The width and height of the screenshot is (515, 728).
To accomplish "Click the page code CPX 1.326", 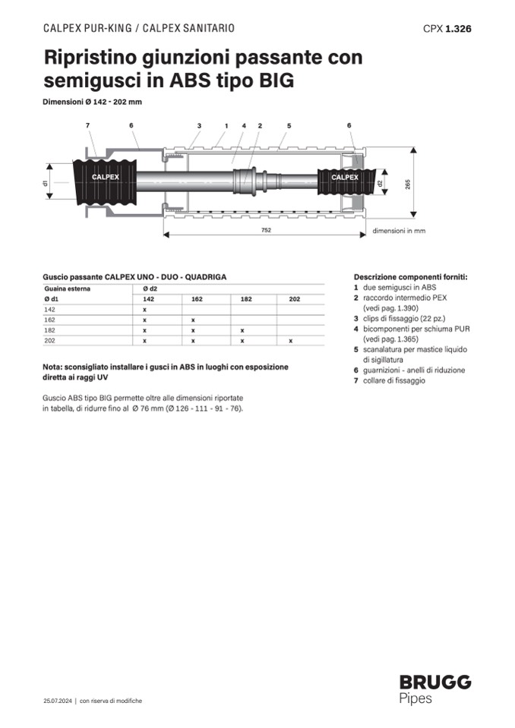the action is [447, 29].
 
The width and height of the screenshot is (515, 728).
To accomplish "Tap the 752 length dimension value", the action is [266, 230].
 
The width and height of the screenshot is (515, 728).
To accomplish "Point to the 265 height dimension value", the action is [407, 184].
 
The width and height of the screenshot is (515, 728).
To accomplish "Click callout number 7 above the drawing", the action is [87, 125].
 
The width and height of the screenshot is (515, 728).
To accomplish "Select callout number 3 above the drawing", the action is [199, 125].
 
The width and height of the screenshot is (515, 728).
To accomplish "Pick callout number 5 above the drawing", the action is [289, 125].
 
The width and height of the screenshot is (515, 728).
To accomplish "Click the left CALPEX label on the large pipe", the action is [106, 177].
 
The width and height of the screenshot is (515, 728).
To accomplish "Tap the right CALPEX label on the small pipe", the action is [345, 178].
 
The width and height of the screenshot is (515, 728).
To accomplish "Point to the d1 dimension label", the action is [46, 183].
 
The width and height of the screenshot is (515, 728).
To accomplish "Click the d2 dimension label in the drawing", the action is [380, 184].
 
